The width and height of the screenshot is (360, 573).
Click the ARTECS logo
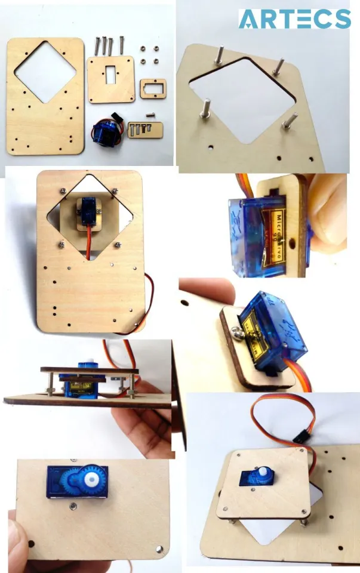click(x=294, y=19)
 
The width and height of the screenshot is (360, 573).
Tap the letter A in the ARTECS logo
click(x=249, y=19)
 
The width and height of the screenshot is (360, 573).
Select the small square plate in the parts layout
click(x=111, y=79)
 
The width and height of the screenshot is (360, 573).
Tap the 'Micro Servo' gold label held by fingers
click(x=277, y=238)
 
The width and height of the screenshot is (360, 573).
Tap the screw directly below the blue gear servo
click(x=72, y=506)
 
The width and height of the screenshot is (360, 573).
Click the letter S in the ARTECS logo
click(x=341, y=19)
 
